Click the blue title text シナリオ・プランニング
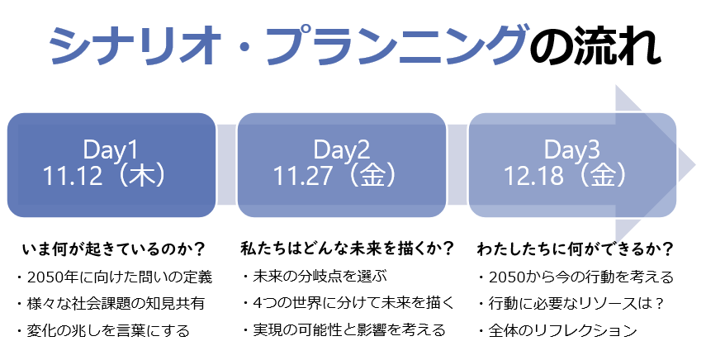pos(290,45)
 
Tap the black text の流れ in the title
pos(595,45)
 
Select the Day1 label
pos(111,149)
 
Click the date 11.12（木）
pos(106,175)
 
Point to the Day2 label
pos(342,149)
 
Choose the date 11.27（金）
pos(336,175)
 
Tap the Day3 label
pos(572,149)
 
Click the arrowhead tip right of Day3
pos(695,163)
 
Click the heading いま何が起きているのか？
pos(113,249)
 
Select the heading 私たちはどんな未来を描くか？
pos(347,249)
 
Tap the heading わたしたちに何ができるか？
pos(575,249)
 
